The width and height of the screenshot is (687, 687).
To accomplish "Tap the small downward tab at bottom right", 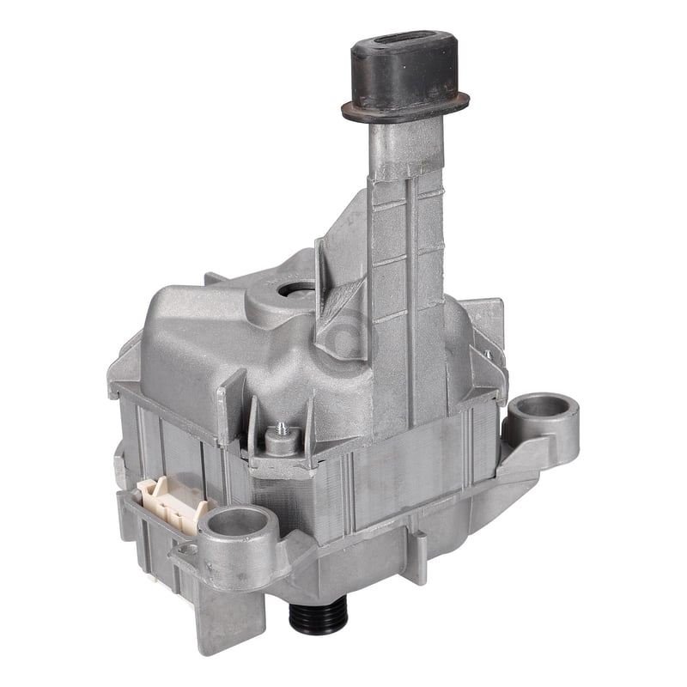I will tap(420, 546).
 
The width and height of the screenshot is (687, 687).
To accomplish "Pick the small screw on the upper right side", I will tap(486, 353).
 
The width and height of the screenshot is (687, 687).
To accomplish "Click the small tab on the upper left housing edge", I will tap(215, 279).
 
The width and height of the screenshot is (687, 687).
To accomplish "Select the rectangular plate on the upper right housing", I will tap(485, 322).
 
